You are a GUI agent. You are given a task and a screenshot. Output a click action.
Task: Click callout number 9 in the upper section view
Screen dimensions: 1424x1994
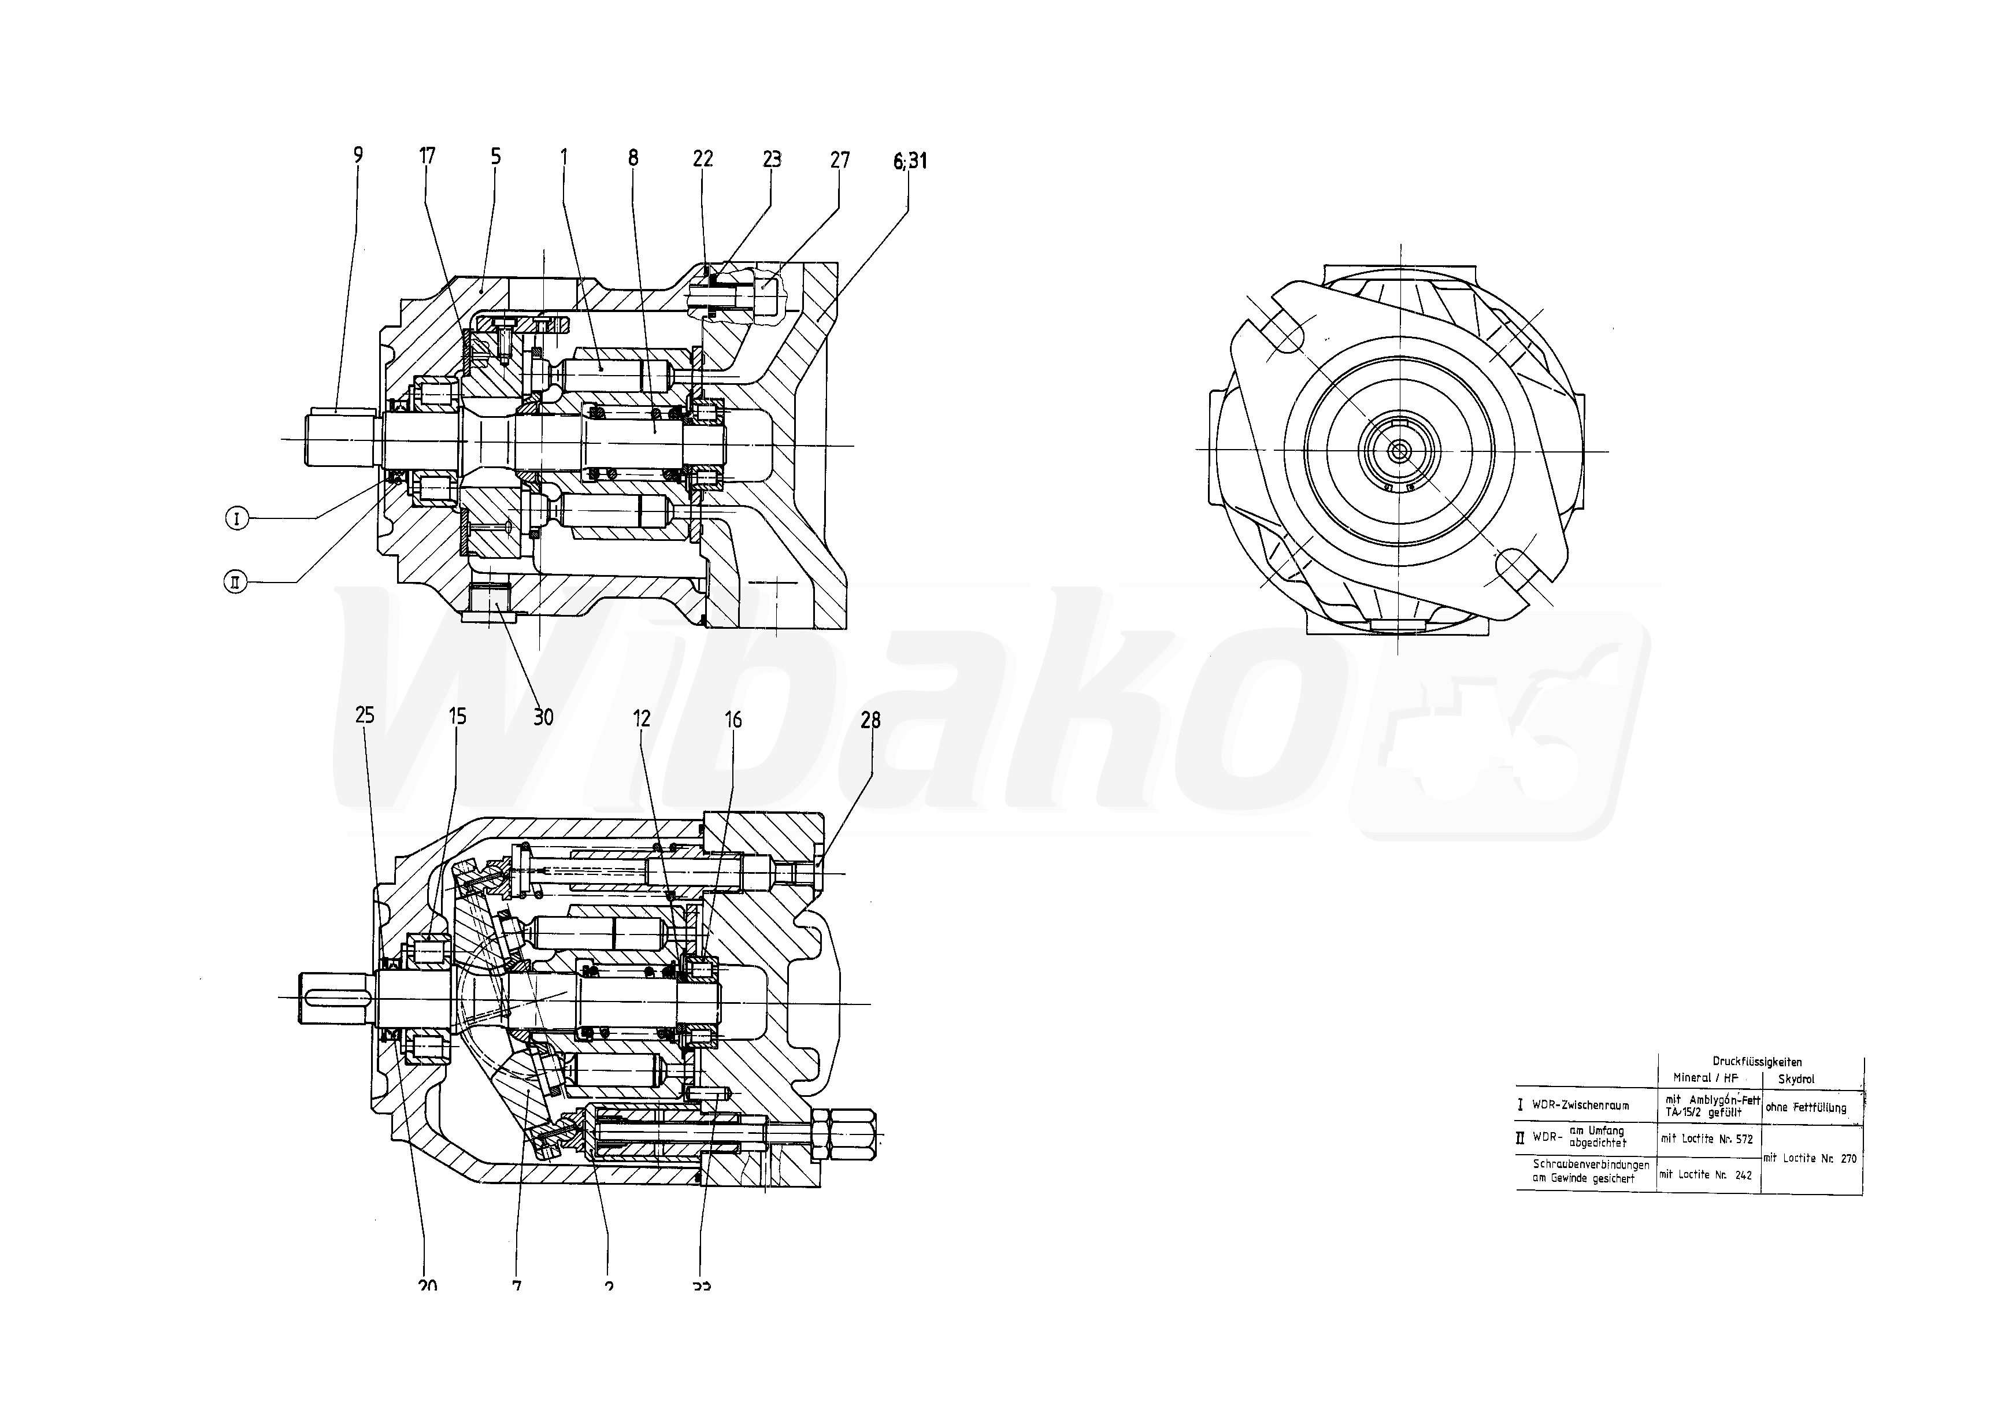pyautogui.click(x=358, y=155)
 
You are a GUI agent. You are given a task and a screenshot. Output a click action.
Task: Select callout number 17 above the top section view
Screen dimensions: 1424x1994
pyautogui.click(x=427, y=156)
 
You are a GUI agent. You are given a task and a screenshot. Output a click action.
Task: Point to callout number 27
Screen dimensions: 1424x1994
pyautogui.click(x=840, y=160)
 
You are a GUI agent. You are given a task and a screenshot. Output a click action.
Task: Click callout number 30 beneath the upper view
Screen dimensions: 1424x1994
pyautogui.click(x=544, y=717)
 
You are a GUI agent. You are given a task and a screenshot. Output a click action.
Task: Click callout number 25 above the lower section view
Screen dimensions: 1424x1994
pyautogui.click(x=365, y=715)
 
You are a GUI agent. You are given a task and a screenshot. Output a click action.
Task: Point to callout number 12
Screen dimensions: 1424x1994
pyautogui.click(x=642, y=719)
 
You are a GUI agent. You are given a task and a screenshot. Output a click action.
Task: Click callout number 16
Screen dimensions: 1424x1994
pyautogui.click(x=733, y=720)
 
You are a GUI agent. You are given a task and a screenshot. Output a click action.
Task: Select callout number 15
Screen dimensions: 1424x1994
pyautogui.click(x=458, y=717)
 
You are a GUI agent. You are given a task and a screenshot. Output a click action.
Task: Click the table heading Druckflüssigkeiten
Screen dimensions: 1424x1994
pyautogui.click(x=1757, y=1062)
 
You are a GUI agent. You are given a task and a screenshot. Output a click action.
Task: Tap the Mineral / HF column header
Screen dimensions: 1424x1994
pyautogui.click(x=1704, y=1078)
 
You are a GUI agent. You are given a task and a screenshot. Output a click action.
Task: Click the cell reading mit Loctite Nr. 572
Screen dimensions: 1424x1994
pyautogui.click(x=1706, y=1139)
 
